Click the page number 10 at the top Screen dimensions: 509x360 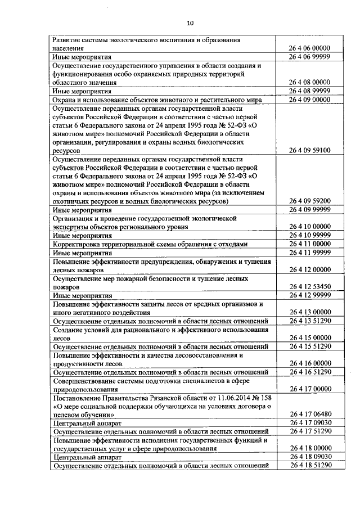pos(190,23)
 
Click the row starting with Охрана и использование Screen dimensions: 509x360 pos(157,100)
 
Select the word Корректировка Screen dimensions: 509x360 pos(79,244)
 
